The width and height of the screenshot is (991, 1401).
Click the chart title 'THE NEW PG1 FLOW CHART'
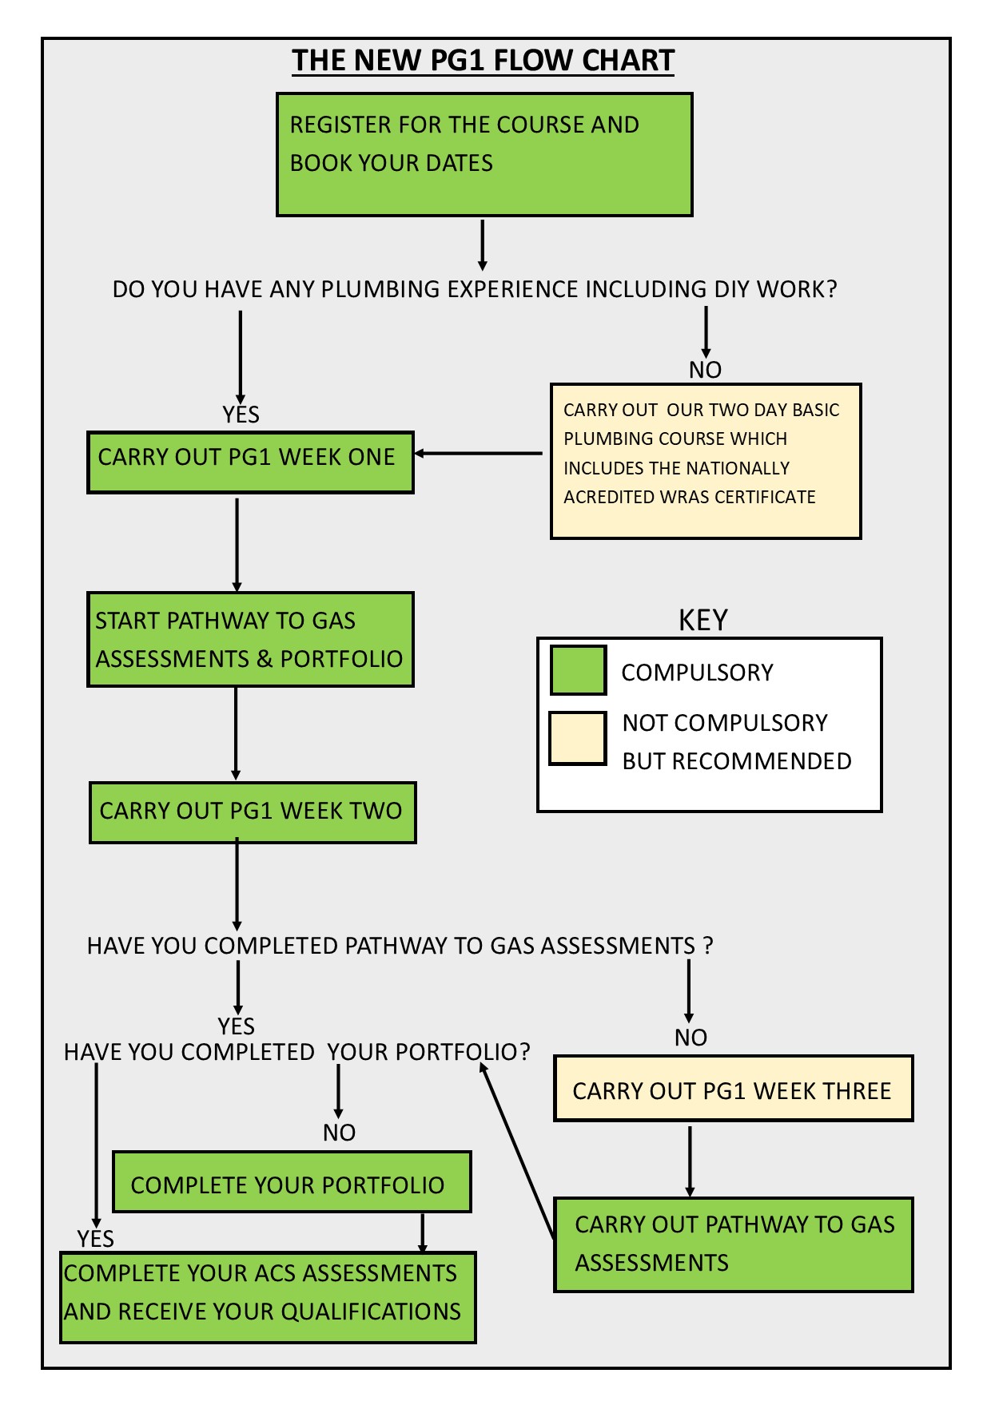(483, 61)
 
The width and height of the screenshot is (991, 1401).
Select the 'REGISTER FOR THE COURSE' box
(484, 154)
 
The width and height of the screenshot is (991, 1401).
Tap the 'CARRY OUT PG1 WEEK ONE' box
(250, 462)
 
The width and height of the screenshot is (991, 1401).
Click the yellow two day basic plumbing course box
(706, 461)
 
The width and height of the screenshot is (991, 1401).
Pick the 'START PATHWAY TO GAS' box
(250, 639)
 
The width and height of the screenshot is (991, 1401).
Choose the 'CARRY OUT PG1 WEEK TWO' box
(253, 812)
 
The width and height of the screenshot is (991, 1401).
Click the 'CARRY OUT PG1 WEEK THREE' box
(733, 1088)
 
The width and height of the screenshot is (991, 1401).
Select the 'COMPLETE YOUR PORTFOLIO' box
(292, 1181)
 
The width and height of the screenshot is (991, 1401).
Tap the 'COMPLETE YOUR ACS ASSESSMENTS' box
(268, 1297)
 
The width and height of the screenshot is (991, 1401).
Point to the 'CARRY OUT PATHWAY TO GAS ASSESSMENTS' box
(733, 1244)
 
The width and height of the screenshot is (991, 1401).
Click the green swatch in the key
(578, 670)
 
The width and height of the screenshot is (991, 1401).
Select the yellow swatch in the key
(578, 738)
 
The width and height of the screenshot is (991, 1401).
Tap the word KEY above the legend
(702, 621)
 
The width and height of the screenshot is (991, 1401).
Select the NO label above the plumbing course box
(705, 370)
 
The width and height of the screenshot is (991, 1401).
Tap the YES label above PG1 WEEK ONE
(241, 415)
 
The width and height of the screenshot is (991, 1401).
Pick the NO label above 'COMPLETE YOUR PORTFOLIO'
(339, 1133)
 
